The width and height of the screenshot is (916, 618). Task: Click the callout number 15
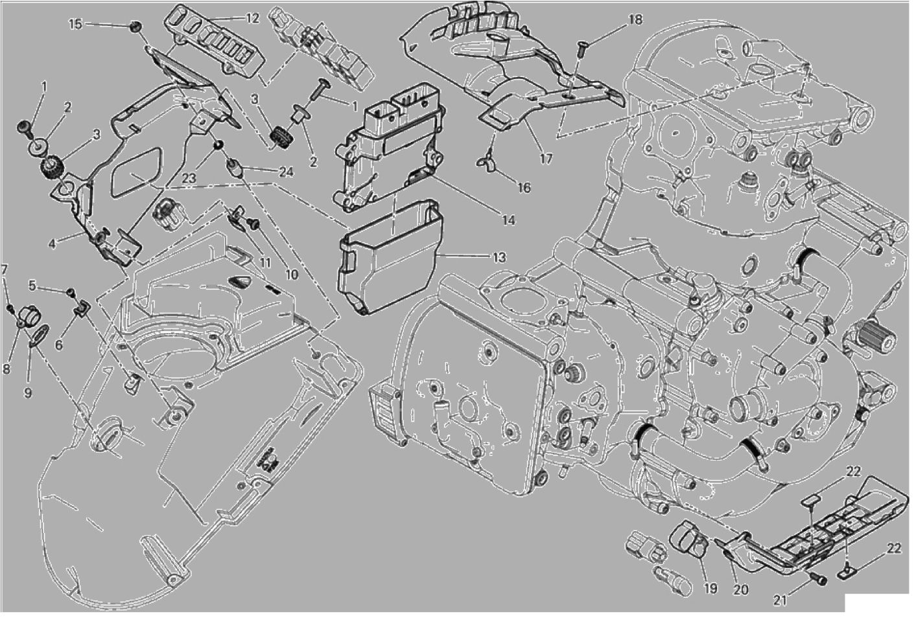(75, 24)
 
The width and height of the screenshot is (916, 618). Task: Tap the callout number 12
(252, 18)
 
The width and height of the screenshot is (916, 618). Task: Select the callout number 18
(635, 19)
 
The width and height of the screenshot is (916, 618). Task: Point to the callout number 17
(546, 159)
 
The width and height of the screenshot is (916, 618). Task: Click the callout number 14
(508, 220)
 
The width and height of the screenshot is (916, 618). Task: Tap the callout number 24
(286, 172)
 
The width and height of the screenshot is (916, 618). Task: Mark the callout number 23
(189, 178)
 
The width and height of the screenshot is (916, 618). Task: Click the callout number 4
(52, 244)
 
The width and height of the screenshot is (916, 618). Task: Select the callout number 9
(28, 393)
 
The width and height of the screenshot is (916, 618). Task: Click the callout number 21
(781, 601)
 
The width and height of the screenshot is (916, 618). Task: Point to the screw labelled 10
(253, 223)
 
